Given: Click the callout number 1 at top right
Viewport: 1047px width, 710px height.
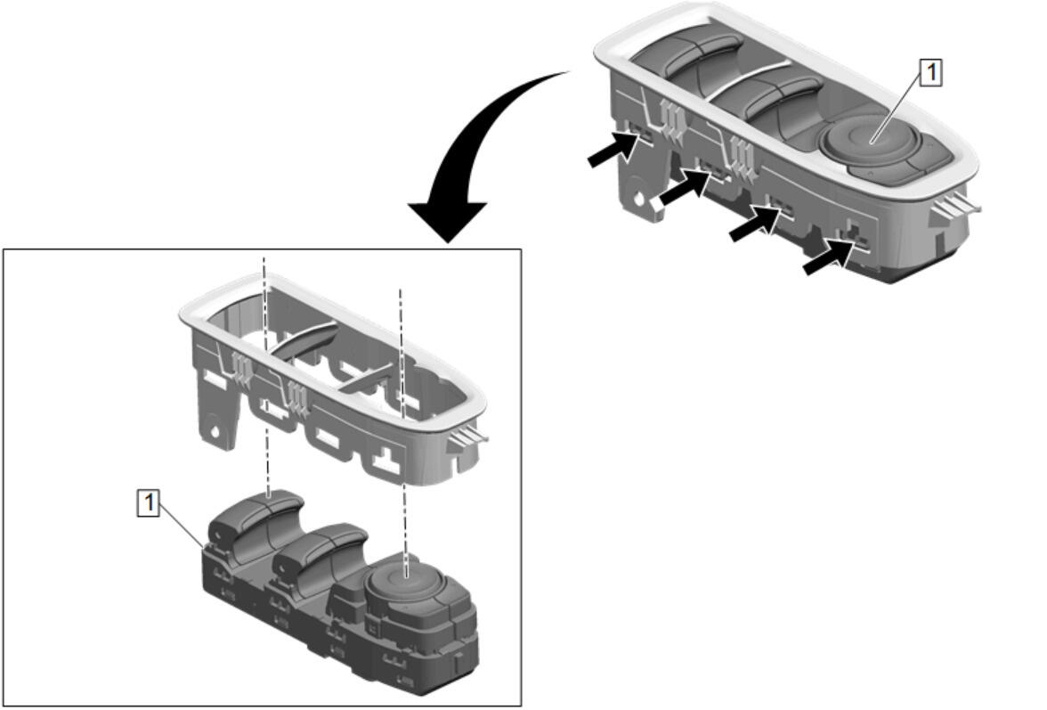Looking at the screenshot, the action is coord(931,73).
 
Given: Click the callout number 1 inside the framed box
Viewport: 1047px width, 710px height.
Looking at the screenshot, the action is coord(148,502).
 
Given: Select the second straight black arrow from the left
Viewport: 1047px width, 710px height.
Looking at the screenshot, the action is coord(683,188).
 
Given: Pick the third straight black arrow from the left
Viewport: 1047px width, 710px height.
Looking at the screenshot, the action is coord(755,223).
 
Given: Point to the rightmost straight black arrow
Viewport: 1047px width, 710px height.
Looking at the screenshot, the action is coord(828,257).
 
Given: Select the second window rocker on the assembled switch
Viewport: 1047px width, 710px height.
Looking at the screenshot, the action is coord(767,100).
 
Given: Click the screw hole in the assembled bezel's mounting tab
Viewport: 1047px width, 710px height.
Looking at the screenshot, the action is coord(640,199).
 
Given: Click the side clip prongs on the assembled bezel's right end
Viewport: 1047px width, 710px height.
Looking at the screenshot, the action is coord(957,207).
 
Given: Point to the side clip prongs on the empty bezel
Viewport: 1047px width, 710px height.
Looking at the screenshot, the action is coord(468,437).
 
